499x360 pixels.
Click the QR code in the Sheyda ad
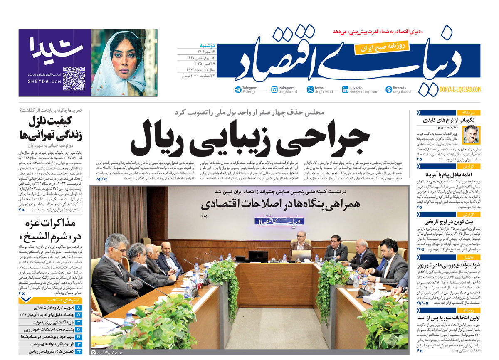(74, 78)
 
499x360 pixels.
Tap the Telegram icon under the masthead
(238, 90)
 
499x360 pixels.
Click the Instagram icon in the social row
(274, 90)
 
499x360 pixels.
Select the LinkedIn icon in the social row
(345, 90)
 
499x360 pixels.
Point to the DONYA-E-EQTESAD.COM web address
(460, 89)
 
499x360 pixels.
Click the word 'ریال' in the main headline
(160, 140)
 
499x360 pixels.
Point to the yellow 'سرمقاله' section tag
(469, 113)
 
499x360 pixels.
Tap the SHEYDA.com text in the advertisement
(44, 81)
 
